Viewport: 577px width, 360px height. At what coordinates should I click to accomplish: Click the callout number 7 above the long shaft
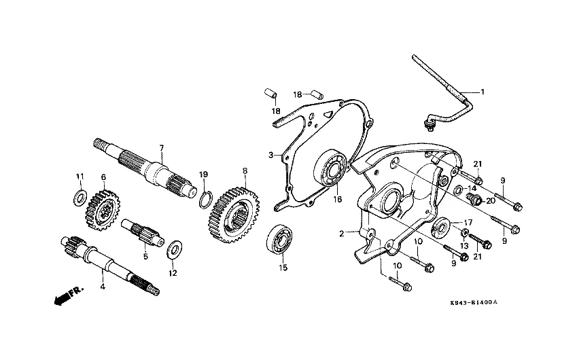[161, 147]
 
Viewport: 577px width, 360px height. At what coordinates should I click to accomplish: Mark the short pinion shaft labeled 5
[143, 232]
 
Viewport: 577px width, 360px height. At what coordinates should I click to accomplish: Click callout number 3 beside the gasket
[270, 156]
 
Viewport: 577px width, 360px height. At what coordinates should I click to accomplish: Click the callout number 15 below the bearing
[283, 268]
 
